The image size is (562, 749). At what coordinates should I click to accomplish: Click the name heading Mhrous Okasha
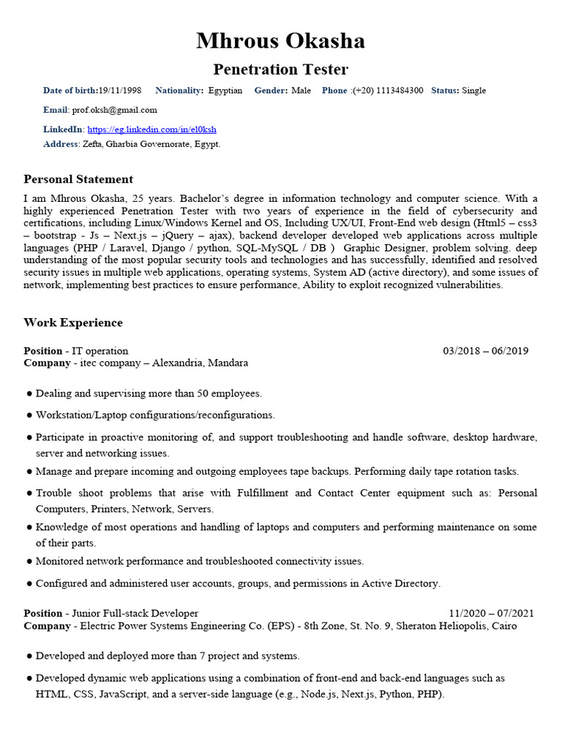pos(280,41)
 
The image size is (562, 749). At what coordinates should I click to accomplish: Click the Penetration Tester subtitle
pos(280,69)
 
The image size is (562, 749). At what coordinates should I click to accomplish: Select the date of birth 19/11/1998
pos(120,91)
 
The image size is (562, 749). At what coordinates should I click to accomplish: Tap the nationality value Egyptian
pos(225,91)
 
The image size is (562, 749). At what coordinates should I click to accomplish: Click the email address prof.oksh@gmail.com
pos(114,110)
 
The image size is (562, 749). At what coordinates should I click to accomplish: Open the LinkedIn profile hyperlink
pos(151,129)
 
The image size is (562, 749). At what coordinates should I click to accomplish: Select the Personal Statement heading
pos(78,179)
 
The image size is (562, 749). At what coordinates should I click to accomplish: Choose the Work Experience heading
pos(73,323)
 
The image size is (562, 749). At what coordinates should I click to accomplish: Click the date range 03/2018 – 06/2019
pos(485,351)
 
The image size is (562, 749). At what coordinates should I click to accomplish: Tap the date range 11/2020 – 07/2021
pos(491,614)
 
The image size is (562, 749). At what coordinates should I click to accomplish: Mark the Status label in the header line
pos(445,91)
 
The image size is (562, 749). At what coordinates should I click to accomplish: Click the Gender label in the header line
pos(271,91)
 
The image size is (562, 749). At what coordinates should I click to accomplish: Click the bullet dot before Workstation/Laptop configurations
pos(29,415)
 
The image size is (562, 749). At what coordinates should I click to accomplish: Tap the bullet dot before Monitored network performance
pos(29,562)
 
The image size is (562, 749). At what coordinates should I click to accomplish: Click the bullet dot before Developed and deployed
pos(29,656)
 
